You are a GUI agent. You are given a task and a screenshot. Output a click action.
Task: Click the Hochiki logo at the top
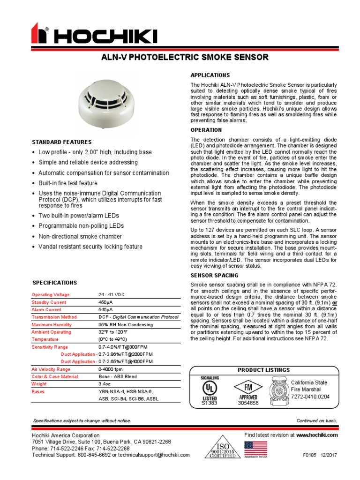tap(94, 36)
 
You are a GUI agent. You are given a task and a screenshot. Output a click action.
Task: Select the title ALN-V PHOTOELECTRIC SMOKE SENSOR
tap(185, 58)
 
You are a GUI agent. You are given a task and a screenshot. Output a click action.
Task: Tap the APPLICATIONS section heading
tap(210, 75)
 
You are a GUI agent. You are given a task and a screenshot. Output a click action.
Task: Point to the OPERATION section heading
tap(206, 130)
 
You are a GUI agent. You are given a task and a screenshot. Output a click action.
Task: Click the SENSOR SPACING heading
tap(214, 275)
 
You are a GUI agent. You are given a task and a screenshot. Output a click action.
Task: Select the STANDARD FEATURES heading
tap(61, 142)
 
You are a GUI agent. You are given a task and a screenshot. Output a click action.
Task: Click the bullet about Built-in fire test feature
tap(68, 183)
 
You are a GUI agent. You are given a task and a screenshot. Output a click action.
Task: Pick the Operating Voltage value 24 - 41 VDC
tap(112, 295)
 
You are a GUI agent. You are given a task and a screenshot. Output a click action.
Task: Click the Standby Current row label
tap(49, 302)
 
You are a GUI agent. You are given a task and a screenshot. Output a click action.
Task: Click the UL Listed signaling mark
tap(210, 390)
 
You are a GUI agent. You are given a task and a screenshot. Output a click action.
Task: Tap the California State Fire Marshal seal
tap(279, 390)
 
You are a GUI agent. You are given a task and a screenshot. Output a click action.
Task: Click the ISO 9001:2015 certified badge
tap(223, 448)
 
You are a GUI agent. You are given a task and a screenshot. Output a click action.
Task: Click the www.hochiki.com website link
tap(316, 435)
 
